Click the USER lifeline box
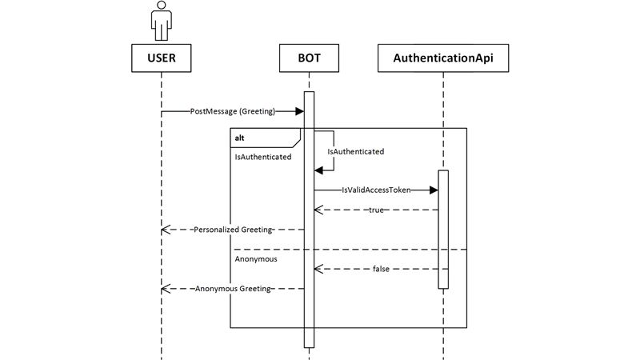click(x=162, y=58)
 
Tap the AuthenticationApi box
click(x=442, y=58)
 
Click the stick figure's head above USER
click(x=162, y=7)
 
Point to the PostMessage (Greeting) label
click(x=233, y=111)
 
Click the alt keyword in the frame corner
click(x=240, y=138)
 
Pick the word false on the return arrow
click(x=382, y=269)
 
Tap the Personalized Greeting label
click(x=233, y=230)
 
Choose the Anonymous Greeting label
click(x=234, y=288)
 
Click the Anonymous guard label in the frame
click(x=256, y=259)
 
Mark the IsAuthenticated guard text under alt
click(x=262, y=158)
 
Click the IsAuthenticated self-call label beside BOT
click(x=356, y=151)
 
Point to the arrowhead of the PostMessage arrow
click(x=298, y=111)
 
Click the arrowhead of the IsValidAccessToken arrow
click(x=433, y=190)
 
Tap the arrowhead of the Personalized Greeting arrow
click(x=166, y=230)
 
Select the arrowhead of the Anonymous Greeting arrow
click(x=166, y=288)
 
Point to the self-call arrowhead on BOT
click(x=318, y=170)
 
